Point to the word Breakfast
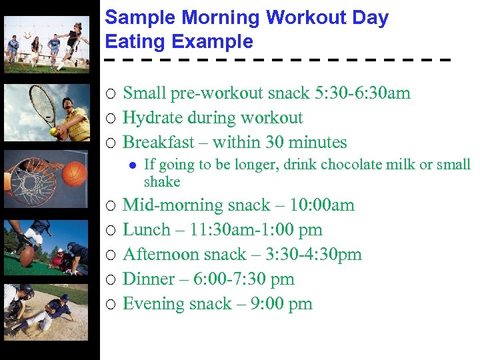160,142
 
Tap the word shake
162,181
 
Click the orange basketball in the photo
75,173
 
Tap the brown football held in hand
27,256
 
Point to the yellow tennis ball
53,132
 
